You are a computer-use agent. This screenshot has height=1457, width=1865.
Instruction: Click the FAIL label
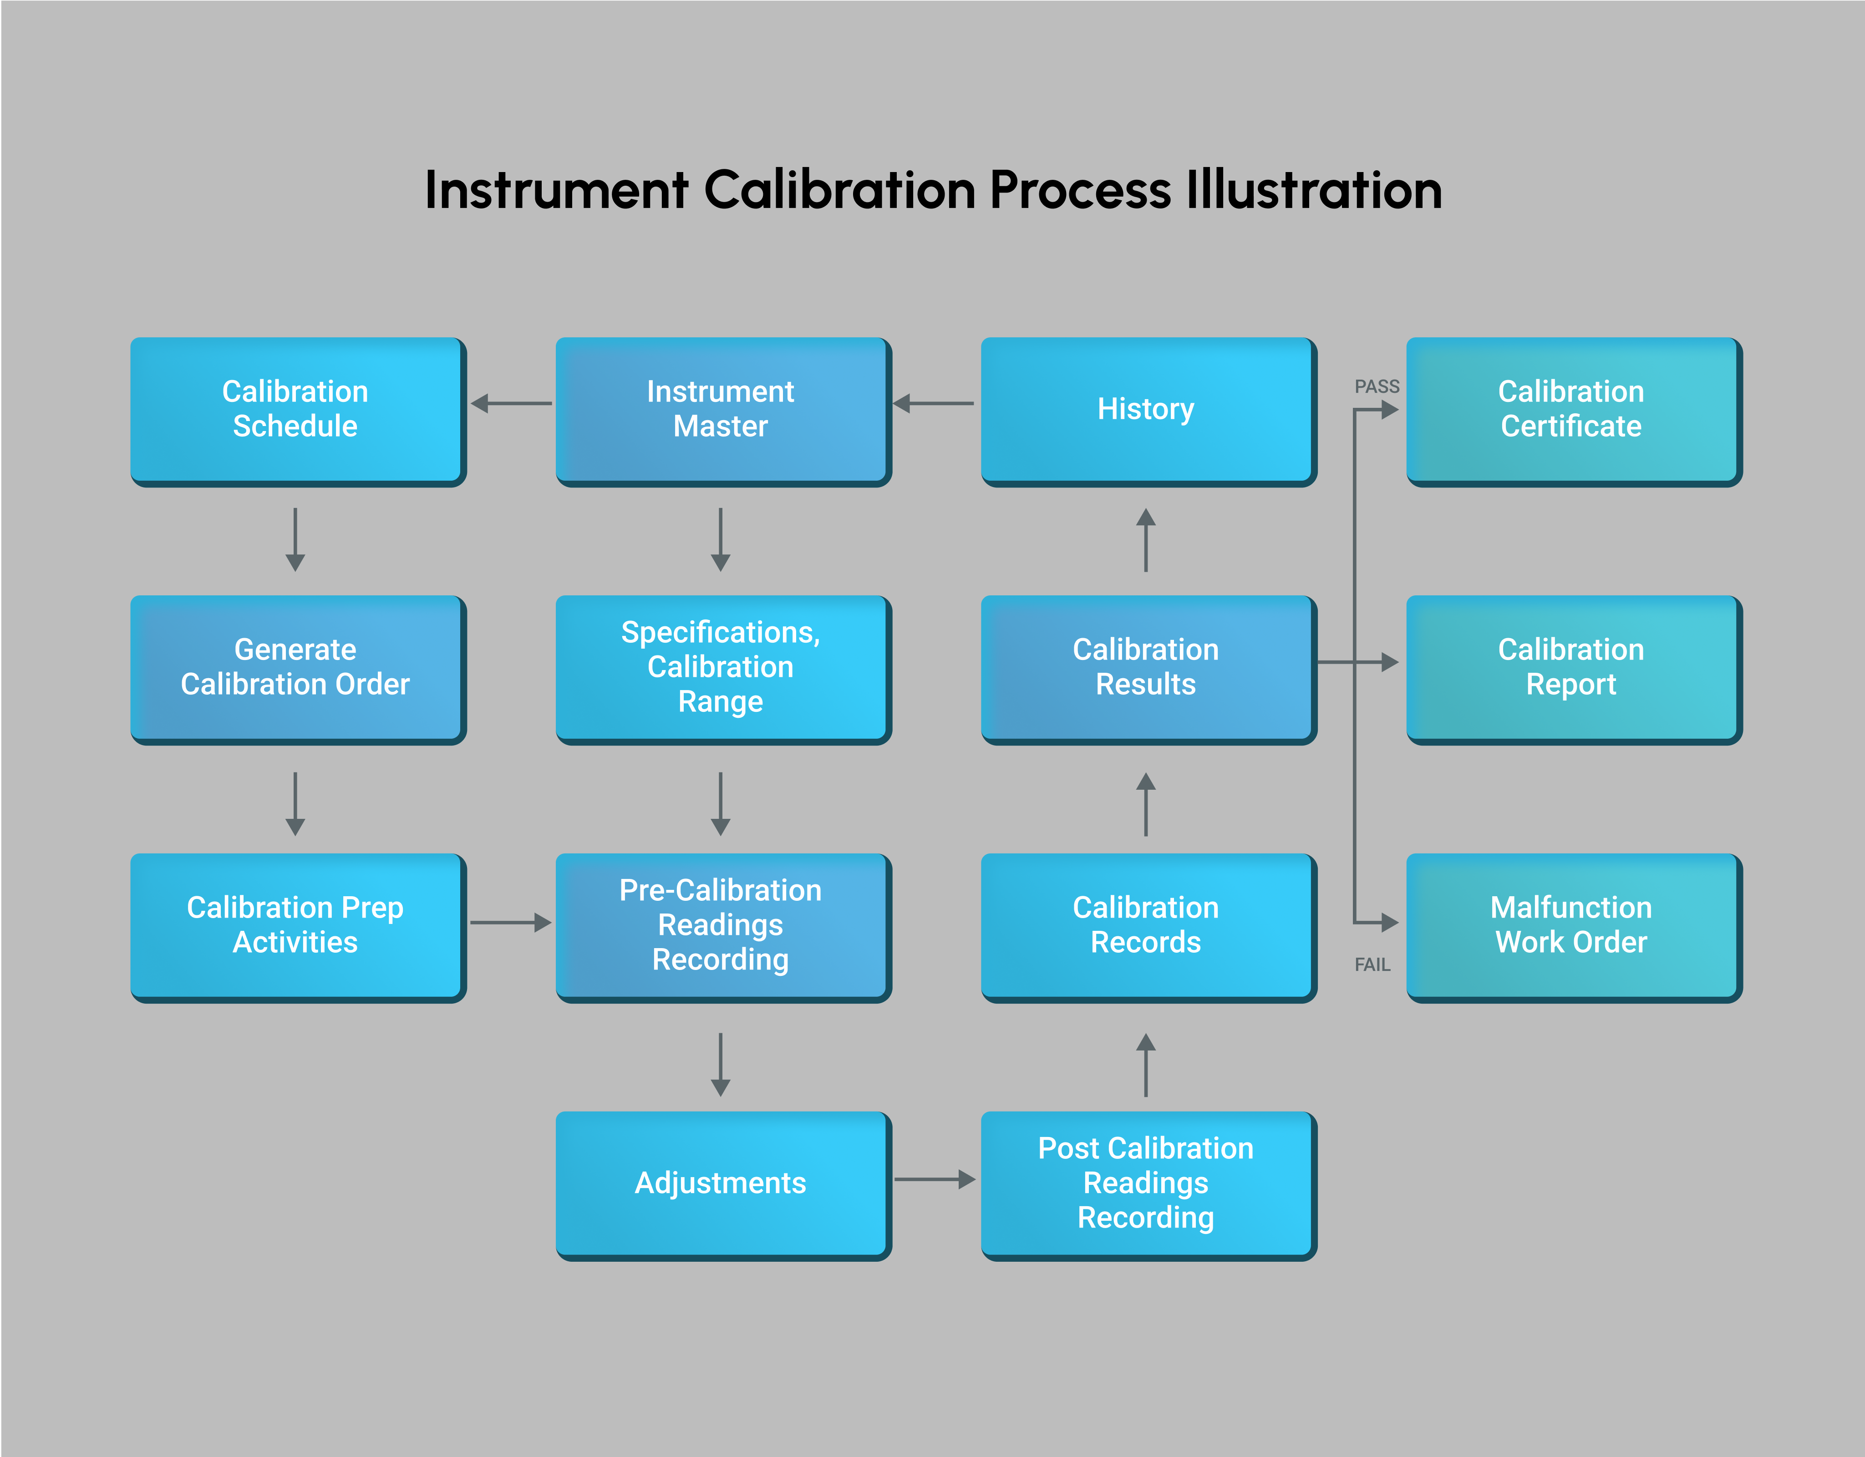(x=1372, y=965)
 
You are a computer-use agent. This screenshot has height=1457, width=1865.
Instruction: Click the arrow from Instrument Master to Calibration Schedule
(x=511, y=403)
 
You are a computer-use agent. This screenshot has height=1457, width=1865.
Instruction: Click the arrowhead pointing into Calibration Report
(x=1389, y=662)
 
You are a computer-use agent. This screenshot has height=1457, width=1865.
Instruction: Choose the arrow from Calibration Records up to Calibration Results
(x=1146, y=804)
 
